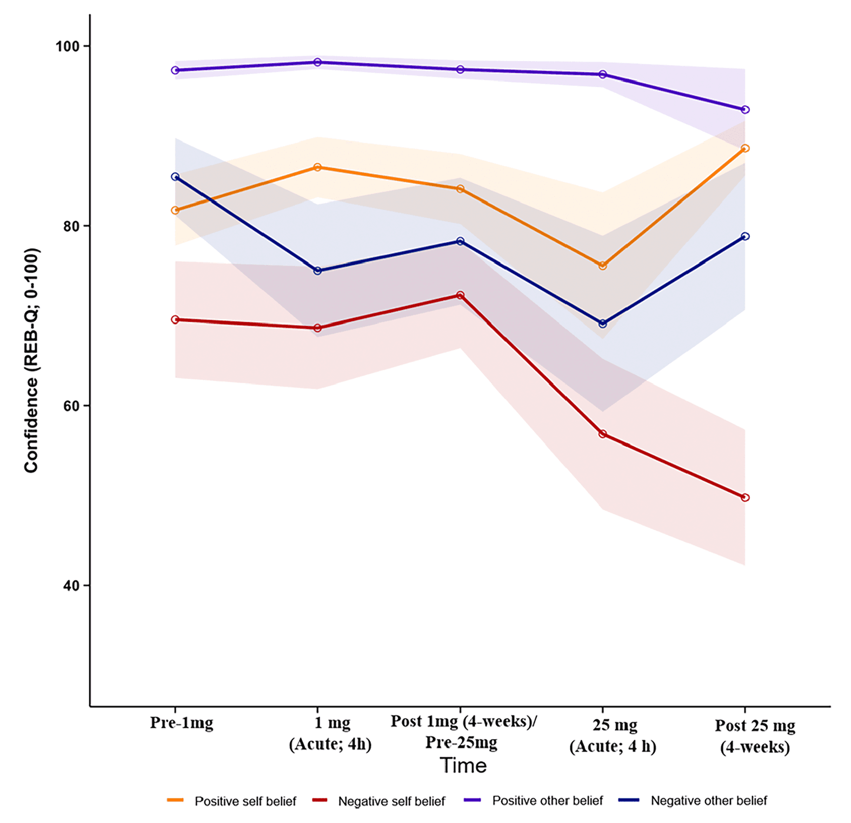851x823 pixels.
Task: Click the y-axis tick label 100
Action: (68, 46)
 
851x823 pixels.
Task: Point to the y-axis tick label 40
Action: (71, 586)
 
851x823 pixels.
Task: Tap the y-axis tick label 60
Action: (71, 406)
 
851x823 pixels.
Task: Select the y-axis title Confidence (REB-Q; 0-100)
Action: (31, 360)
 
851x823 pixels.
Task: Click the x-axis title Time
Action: (463, 766)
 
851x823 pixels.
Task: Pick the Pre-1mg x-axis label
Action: (182, 723)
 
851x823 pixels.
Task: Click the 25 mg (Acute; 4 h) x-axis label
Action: (613, 735)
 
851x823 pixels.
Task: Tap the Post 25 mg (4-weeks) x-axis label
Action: (755, 736)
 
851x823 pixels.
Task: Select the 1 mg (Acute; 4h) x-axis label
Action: (330, 734)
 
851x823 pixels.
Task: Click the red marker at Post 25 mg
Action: (745, 497)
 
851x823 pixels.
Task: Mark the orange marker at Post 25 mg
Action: (745, 148)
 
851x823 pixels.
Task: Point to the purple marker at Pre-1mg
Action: (175, 70)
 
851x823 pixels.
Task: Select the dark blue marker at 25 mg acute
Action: (602, 324)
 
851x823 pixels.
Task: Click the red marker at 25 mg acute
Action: (602, 434)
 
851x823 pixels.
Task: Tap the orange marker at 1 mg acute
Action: (317, 168)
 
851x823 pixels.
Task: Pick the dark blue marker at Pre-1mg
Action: (175, 177)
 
